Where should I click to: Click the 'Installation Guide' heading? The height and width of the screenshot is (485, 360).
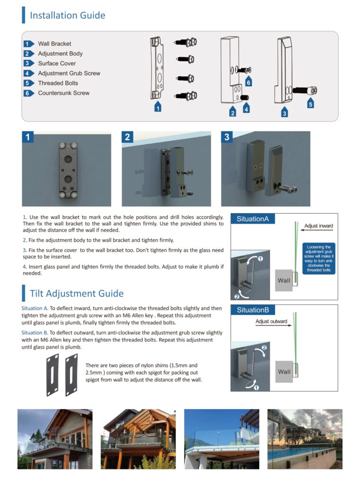tap(67, 15)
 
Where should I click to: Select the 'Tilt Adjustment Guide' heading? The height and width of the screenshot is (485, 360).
tap(76, 293)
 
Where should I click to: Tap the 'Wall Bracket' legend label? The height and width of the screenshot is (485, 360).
tap(54, 44)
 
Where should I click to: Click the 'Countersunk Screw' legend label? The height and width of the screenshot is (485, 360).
tap(63, 93)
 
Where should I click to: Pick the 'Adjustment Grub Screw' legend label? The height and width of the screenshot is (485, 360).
tap(69, 73)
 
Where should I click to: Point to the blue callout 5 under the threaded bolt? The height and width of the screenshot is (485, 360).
tap(310, 104)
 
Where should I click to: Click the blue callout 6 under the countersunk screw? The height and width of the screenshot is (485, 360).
tap(248, 82)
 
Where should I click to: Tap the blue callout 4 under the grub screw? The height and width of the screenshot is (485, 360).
tap(246, 109)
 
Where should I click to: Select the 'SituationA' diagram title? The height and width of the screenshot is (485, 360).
tap(253, 219)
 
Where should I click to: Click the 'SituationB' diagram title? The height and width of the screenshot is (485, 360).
tap(253, 310)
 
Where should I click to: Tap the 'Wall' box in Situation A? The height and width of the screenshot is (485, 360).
tap(284, 280)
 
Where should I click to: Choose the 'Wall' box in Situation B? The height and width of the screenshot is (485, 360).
tap(284, 372)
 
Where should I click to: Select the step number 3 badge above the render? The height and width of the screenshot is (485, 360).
tap(227, 137)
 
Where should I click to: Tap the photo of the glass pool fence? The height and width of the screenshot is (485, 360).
tap(305, 439)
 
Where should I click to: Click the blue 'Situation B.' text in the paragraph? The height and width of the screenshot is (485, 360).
tap(35, 332)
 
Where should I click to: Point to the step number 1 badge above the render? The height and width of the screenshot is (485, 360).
tap(28, 137)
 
